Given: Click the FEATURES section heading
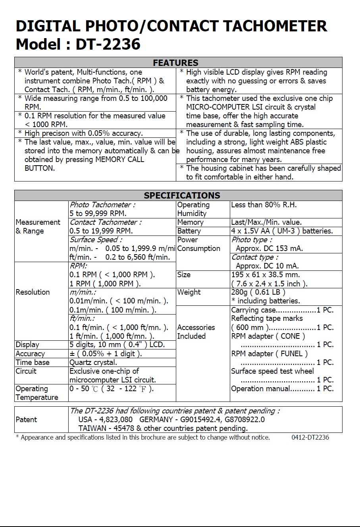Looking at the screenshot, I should pyautogui.click(x=175, y=63).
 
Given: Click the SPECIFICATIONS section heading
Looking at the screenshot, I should pyautogui.click(x=182, y=195).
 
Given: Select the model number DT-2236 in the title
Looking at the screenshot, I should pyautogui.click(x=108, y=44).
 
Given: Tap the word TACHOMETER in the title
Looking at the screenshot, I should pyautogui.click(x=275, y=26).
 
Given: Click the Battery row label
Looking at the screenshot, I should pyautogui.click(x=189, y=231).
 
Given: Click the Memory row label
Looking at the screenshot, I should pyautogui.click(x=190, y=222).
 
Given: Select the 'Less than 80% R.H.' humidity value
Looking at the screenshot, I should pyautogui.click(x=264, y=205).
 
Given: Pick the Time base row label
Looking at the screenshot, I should pyautogui.click(x=33, y=362).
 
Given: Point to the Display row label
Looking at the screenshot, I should pyautogui.click(x=27, y=345).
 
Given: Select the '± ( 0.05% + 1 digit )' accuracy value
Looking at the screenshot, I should pyautogui.click(x=106, y=353).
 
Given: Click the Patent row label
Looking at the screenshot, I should pyautogui.click(x=26, y=419).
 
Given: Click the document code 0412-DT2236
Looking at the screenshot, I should pyautogui.click(x=310, y=437).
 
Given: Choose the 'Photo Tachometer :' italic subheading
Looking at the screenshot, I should pyautogui.click(x=102, y=205).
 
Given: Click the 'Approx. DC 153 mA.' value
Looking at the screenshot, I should pyautogui.click(x=269, y=249).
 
